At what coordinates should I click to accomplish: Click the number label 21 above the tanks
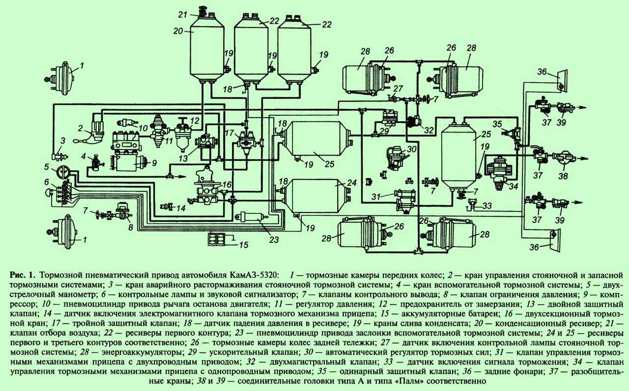[x=183, y=14]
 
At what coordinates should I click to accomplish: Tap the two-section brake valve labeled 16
[x=207, y=186]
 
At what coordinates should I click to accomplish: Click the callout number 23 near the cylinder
[x=274, y=239]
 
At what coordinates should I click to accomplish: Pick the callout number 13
[x=183, y=158]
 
